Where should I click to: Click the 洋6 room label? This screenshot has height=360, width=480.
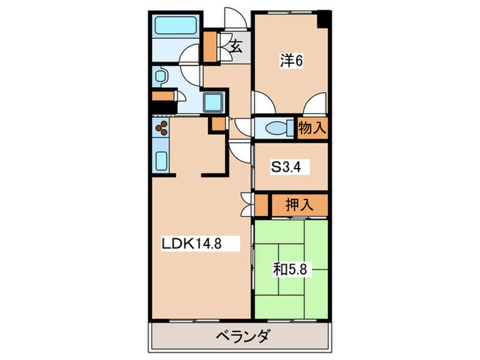291,61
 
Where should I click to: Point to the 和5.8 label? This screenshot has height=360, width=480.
292,269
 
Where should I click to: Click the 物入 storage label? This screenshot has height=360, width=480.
312,128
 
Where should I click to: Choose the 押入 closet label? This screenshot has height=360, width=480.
299,204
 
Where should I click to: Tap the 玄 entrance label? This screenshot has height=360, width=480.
235,47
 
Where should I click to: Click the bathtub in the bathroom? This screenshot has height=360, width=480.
176,27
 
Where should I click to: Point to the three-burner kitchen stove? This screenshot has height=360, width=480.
162,128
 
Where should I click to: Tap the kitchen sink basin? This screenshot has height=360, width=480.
162,162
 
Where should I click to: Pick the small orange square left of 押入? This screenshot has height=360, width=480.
261,204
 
